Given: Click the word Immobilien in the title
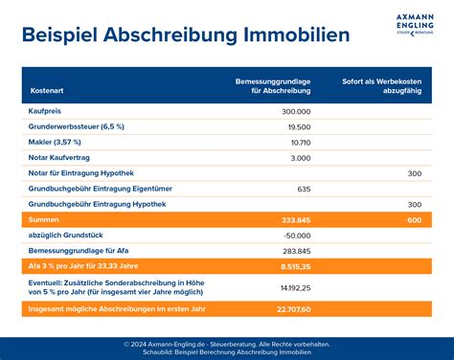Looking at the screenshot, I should click(298, 34).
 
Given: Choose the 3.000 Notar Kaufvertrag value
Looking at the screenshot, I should click(299, 157).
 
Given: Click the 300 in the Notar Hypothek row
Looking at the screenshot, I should click(414, 173).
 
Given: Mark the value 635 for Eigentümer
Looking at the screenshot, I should click(304, 189).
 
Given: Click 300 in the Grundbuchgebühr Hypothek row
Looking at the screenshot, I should click(414, 204).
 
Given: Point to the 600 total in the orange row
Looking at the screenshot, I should click(414, 219).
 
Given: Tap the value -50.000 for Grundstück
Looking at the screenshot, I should click(295, 236).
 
